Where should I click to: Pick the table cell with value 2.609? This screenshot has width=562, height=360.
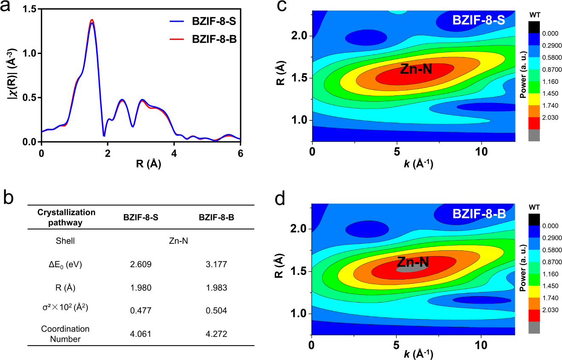(140, 264)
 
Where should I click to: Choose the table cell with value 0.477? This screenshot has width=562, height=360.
(140, 310)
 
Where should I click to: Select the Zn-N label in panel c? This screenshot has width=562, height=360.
(416, 69)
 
